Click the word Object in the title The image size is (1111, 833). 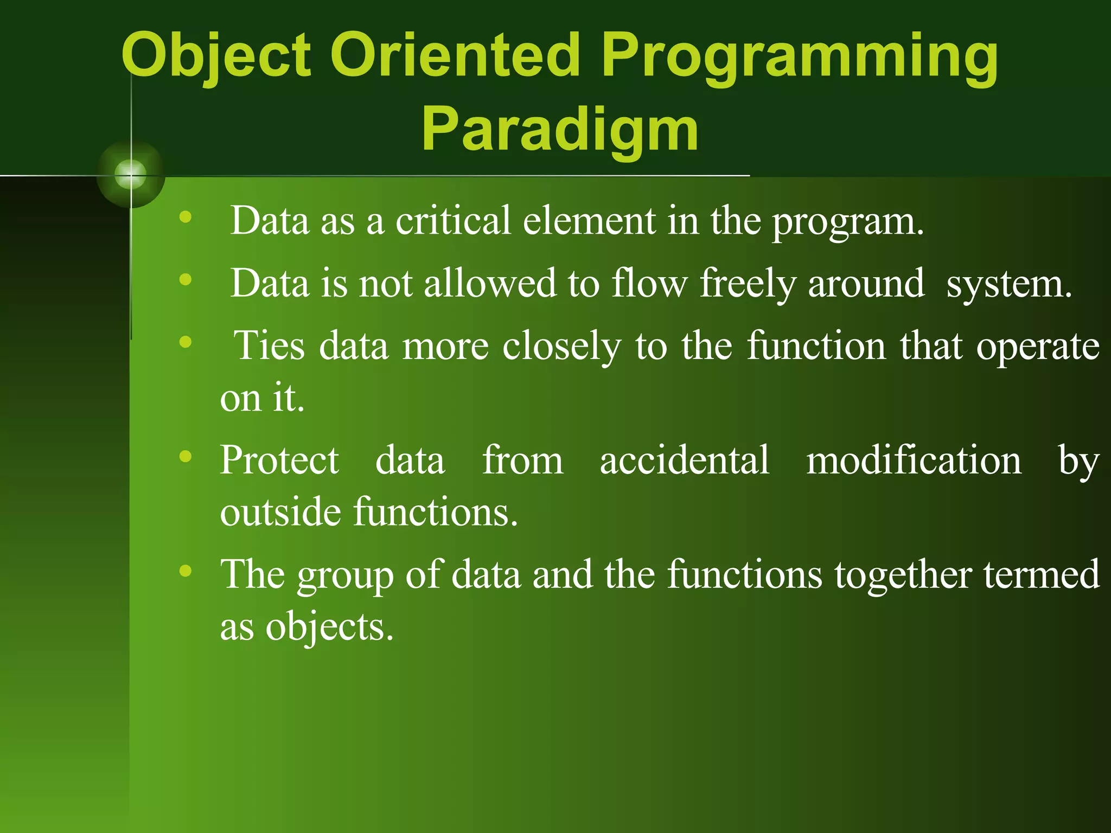(x=216, y=57)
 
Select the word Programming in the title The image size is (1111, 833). (x=799, y=59)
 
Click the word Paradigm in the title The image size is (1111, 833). (x=560, y=132)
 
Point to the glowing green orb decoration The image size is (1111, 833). (x=131, y=175)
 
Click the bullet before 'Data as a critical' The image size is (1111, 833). (x=186, y=217)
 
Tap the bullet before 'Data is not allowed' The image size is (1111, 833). (x=186, y=280)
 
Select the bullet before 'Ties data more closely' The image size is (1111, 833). (x=186, y=342)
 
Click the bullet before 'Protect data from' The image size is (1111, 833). (x=186, y=456)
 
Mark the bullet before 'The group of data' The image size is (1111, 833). (x=186, y=571)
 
